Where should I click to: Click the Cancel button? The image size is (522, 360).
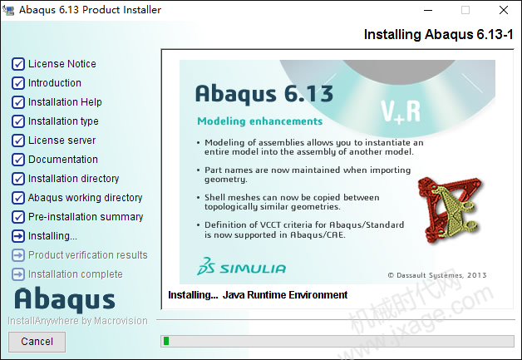tap(37, 342)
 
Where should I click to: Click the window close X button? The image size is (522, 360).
tap(504, 10)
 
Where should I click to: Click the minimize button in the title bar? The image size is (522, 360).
tap(428, 10)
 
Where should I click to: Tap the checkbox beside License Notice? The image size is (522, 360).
tap(18, 64)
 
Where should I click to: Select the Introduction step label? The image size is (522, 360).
tap(55, 83)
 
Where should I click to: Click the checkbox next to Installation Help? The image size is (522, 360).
tap(18, 102)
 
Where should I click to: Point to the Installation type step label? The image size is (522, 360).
tap(63, 121)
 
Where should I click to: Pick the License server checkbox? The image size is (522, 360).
tap(18, 141)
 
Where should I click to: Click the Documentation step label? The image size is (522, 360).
tap(63, 160)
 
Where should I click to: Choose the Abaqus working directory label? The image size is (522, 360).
tap(86, 198)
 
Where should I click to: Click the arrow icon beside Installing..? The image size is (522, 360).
tap(18, 236)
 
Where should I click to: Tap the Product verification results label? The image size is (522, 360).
tap(88, 255)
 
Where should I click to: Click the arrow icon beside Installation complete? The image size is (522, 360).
tap(18, 274)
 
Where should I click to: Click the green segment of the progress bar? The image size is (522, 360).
tap(166, 341)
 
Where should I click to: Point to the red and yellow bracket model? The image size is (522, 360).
tap(450, 210)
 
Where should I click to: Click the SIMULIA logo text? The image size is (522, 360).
tap(253, 269)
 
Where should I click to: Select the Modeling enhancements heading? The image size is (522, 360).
tap(259, 121)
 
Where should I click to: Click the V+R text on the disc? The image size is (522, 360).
tap(401, 111)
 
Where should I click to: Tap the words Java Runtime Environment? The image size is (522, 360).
tap(285, 295)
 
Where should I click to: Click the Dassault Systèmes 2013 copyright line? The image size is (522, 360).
tap(437, 275)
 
